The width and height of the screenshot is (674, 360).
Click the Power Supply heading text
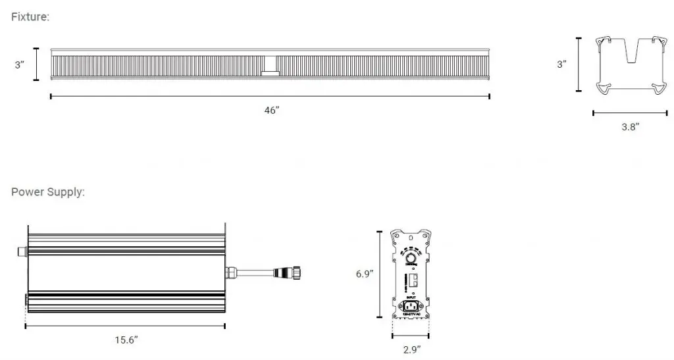coord(47,192)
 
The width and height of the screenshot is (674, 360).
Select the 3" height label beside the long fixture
coord(20,65)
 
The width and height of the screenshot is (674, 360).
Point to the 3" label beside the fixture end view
coord(561,64)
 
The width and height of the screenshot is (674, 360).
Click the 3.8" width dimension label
coord(630,127)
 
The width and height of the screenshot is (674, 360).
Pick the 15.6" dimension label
coord(126,340)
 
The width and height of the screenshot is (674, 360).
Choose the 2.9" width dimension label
coord(412,349)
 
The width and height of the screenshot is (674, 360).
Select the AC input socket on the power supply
coord(412,305)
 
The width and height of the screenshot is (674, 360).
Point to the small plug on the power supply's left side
coord(20,251)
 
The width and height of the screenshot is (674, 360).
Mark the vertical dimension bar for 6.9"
coord(379,273)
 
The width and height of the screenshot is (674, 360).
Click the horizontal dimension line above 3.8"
coord(621,113)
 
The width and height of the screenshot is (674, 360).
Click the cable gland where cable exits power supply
coord(234,271)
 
